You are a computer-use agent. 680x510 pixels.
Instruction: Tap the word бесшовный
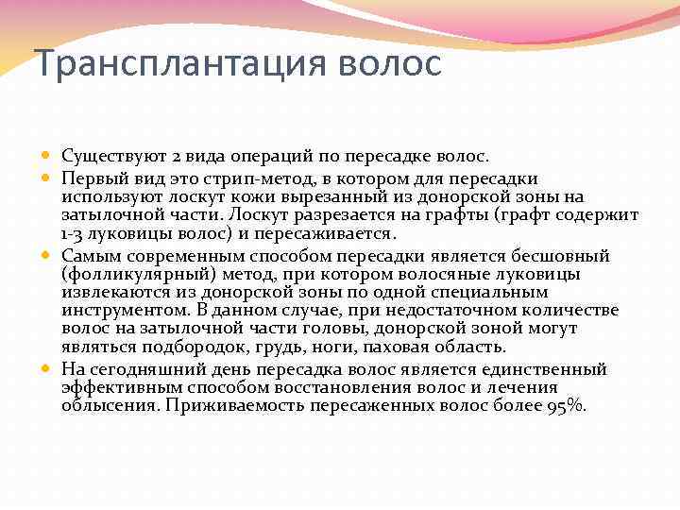click(558, 256)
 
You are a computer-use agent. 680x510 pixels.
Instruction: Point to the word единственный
click(552, 369)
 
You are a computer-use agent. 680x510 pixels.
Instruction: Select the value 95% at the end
click(566, 406)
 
